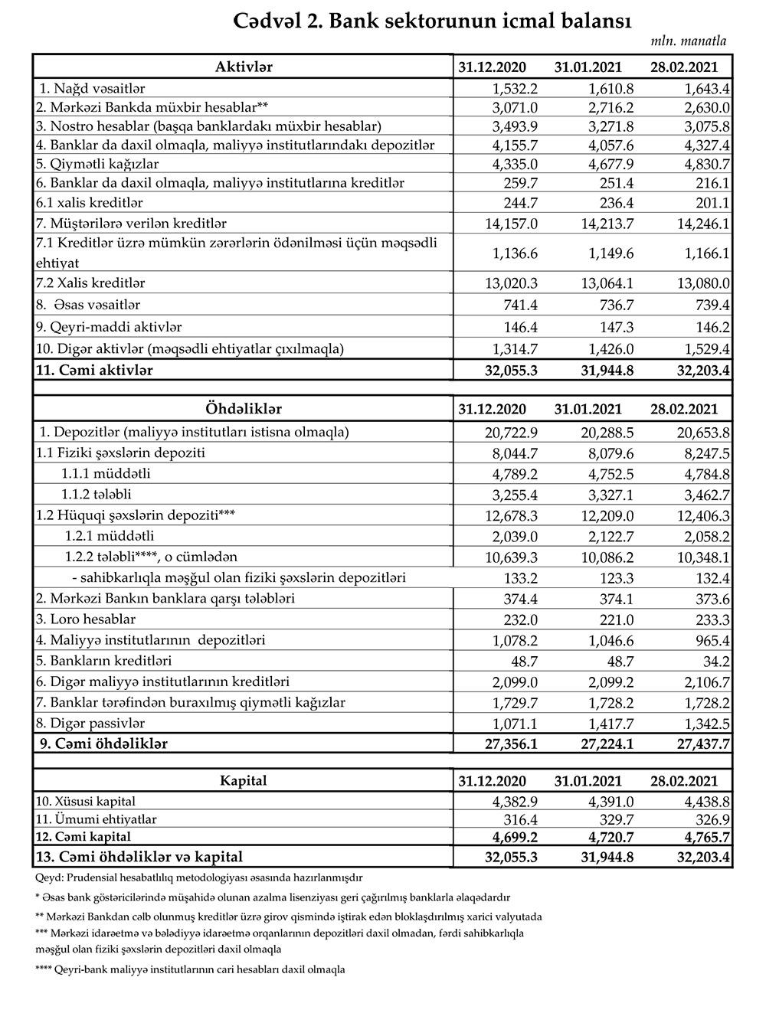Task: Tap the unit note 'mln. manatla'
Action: pyautogui.click(x=689, y=41)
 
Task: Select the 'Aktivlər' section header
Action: pyautogui.click(x=244, y=67)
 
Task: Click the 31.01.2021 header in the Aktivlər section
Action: pyautogui.click(x=588, y=67)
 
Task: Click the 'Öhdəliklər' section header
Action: pyautogui.click(x=244, y=409)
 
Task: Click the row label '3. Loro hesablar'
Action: pyautogui.click(x=86, y=619)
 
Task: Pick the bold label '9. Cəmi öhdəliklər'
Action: pyautogui.click(x=103, y=743)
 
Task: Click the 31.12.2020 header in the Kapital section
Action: pyautogui.click(x=492, y=781)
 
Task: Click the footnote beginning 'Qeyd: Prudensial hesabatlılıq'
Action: pyautogui.click(x=199, y=877)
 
